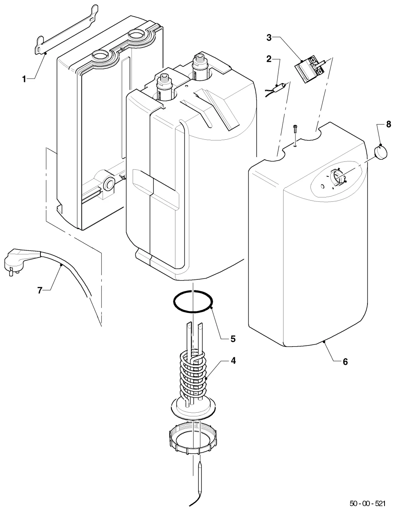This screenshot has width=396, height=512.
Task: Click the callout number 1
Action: (24, 79)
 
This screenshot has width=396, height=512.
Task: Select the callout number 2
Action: (269, 59)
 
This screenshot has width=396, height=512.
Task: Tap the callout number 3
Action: (269, 38)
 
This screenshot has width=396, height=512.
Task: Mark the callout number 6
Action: (345, 362)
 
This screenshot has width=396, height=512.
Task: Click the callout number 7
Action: (40, 290)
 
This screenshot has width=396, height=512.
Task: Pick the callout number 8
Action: (388, 124)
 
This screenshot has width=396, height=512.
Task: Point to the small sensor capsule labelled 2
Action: (278, 89)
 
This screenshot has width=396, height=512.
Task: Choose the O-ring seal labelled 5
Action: (193, 302)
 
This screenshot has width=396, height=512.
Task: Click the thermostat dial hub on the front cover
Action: (338, 177)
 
